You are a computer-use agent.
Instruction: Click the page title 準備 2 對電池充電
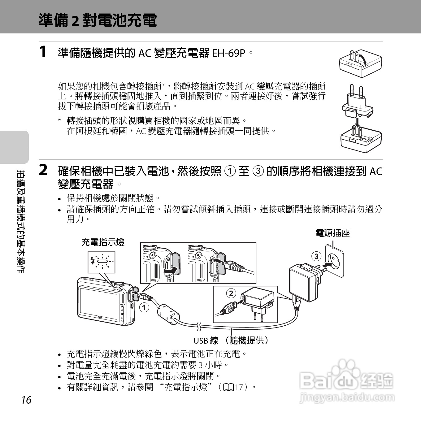click(x=98, y=20)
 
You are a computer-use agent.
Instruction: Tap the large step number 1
click(x=43, y=52)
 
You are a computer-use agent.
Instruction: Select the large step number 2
click(x=43, y=170)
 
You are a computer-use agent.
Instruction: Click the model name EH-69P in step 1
click(x=228, y=54)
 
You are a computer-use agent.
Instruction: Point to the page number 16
click(x=26, y=400)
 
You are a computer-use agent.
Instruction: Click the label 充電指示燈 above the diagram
click(x=103, y=242)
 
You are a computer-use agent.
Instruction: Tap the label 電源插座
click(x=332, y=233)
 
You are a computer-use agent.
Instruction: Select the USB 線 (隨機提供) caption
click(x=231, y=341)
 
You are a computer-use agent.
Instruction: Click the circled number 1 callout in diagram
click(x=144, y=307)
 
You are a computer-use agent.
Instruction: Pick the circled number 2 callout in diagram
click(x=231, y=293)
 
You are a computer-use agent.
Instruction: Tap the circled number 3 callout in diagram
click(x=316, y=256)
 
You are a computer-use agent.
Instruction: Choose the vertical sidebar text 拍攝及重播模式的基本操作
click(x=21, y=221)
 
